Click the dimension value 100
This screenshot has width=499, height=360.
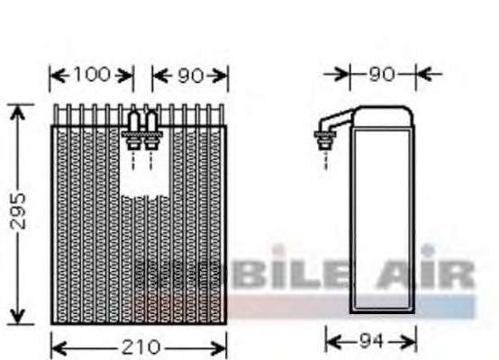click(x=92, y=75)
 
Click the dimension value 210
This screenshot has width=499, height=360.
click(x=141, y=347)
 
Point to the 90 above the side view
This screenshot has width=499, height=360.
click(x=382, y=75)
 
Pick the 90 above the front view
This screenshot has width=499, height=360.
click(x=191, y=76)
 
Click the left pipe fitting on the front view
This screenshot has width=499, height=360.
click(x=133, y=130)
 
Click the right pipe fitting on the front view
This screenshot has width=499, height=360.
click(x=150, y=130)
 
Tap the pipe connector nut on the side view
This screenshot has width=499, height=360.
click(x=324, y=139)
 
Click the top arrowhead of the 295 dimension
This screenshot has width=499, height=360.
click(x=17, y=112)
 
